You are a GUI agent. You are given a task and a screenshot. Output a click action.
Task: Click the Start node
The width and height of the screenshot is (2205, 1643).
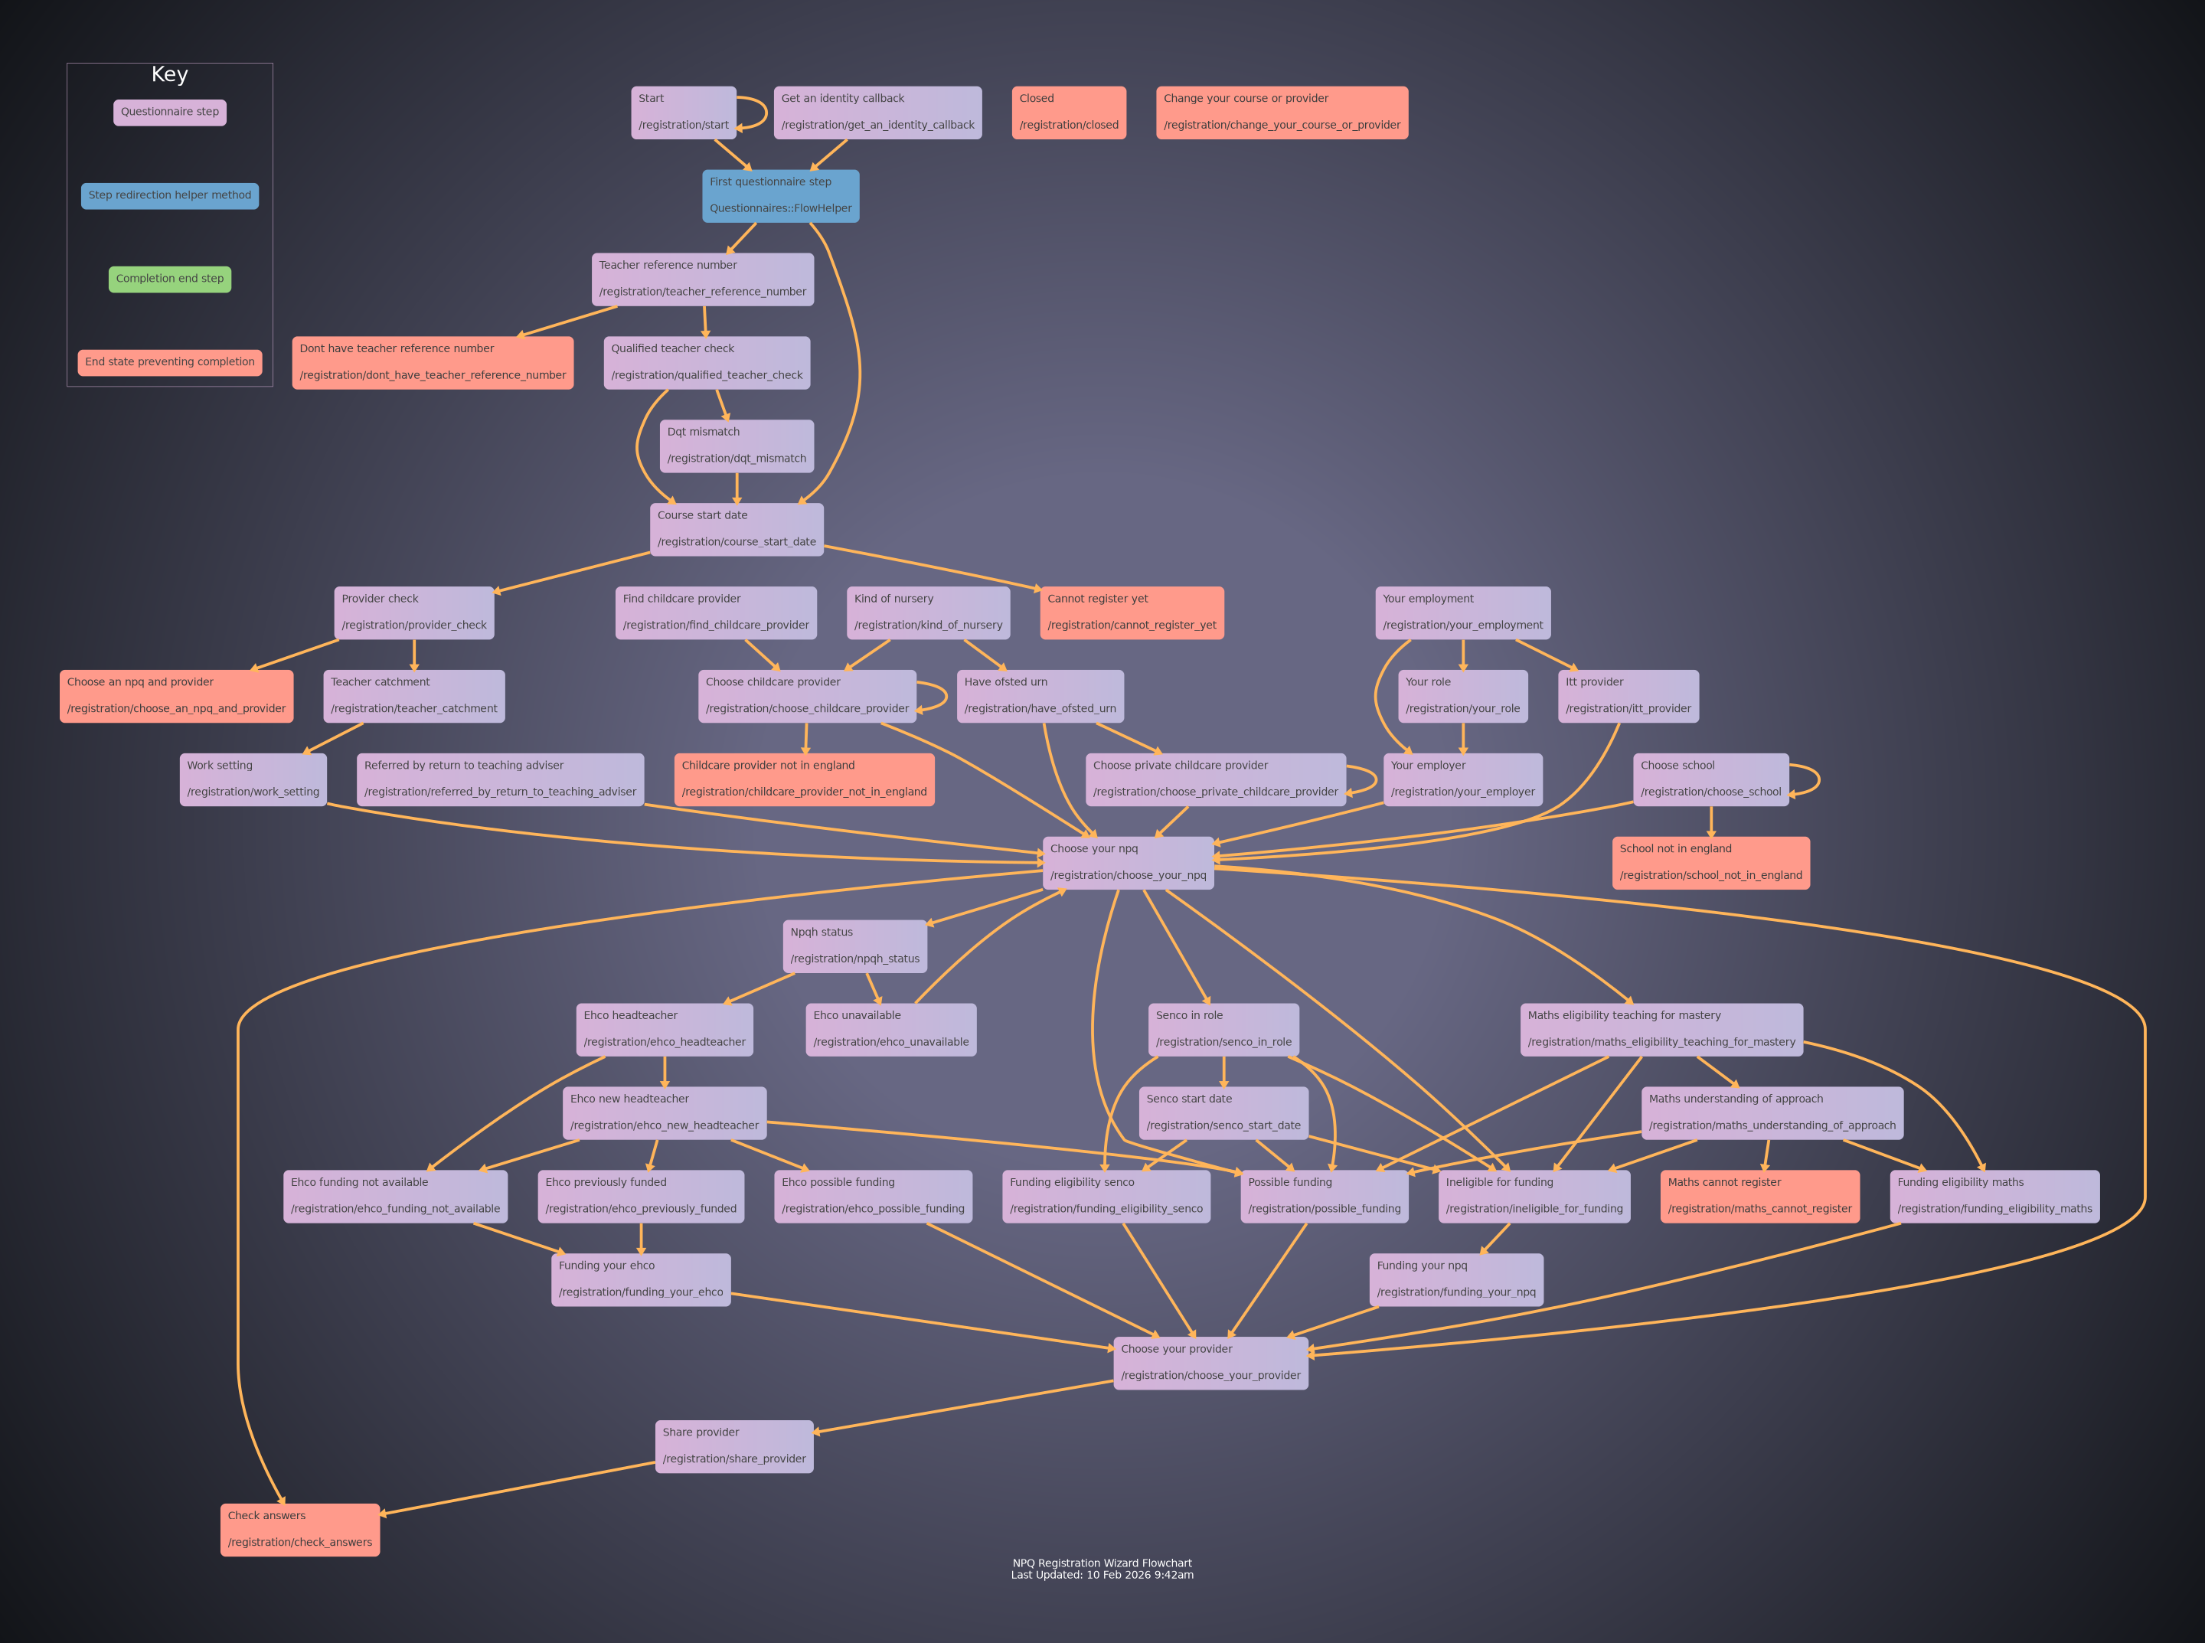click(x=683, y=113)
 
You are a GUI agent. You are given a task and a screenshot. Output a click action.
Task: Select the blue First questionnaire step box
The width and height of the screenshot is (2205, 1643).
click(x=781, y=196)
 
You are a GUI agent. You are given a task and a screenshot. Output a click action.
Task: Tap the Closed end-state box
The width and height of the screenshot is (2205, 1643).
click(x=1068, y=113)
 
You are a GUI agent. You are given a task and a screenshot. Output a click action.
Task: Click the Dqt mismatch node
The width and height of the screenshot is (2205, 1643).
click(x=736, y=446)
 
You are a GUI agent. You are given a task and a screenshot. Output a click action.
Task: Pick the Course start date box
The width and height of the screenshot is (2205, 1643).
click(x=736, y=529)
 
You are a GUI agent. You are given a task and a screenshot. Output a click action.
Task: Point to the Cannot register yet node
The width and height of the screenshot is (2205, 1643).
click(x=1131, y=612)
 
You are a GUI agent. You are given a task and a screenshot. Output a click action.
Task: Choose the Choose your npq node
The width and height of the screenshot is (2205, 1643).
click(x=1128, y=862)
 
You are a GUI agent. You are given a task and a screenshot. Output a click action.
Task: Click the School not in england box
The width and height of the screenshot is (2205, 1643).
click(x=1710, y=862)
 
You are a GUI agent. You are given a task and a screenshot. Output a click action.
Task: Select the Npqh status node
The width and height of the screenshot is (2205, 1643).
click(x=854, y=946)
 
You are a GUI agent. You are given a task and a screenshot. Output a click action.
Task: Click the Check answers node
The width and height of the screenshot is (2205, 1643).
click(x=299, y=1530)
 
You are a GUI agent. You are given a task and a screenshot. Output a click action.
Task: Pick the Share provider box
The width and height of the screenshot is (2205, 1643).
click(x=734, y=1446)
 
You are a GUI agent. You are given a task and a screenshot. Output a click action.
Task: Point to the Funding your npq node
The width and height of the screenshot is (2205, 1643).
click(x=1456, y=1279)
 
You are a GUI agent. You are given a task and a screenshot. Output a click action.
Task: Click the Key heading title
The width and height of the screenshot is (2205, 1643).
click(x=169, y=74)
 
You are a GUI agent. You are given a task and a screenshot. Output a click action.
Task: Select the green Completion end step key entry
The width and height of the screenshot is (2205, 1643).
click(x=169, y=279)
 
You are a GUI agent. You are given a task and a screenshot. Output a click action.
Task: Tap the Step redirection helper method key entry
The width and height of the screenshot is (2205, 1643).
click(x=169, y=196)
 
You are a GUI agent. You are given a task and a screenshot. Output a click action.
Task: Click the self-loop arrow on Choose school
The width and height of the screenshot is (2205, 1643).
click(x=1818, y=779)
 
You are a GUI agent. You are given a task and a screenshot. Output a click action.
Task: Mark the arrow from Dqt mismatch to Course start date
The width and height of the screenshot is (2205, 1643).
click(x=736, y=488)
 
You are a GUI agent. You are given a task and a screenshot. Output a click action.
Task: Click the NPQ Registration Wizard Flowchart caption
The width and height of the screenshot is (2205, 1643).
click(x=1102, y=1569)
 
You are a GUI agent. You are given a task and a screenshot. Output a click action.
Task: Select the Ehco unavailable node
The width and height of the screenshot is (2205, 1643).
click(x=890, y=1029)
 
